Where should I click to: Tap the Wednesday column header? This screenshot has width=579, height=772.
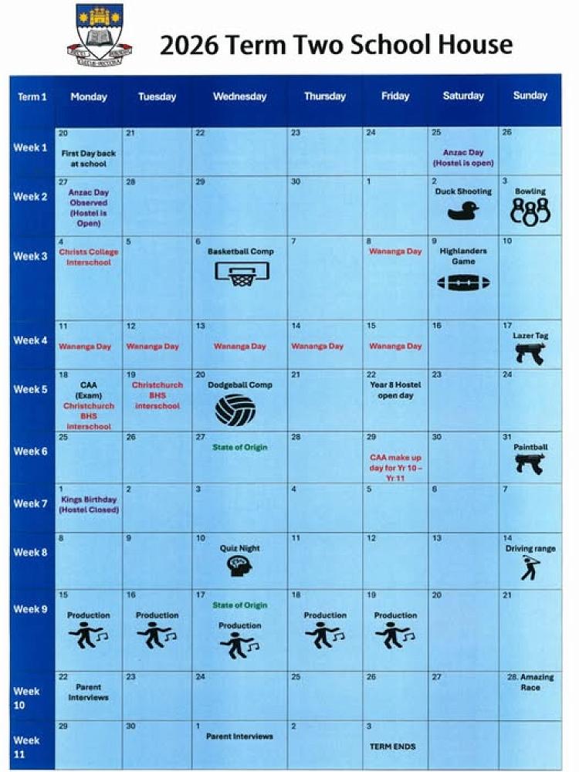[239, 96]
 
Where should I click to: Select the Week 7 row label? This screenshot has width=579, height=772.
[30, 503]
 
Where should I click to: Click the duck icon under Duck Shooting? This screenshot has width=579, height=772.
[463, 210]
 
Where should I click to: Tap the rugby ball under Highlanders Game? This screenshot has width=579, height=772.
[463, 283]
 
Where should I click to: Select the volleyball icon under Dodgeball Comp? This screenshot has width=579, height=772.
[235, 410]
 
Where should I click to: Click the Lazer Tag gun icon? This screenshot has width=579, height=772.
[530, 353]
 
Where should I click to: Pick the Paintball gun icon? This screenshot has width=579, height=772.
[530, 463]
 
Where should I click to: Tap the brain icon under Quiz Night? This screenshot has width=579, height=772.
[239, 567]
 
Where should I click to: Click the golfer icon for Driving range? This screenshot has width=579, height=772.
[530, 567]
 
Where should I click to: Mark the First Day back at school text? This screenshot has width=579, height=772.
[88, 158]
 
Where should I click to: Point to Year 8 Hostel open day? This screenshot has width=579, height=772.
[395, 390]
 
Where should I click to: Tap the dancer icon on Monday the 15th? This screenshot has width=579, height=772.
[88, 635]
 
